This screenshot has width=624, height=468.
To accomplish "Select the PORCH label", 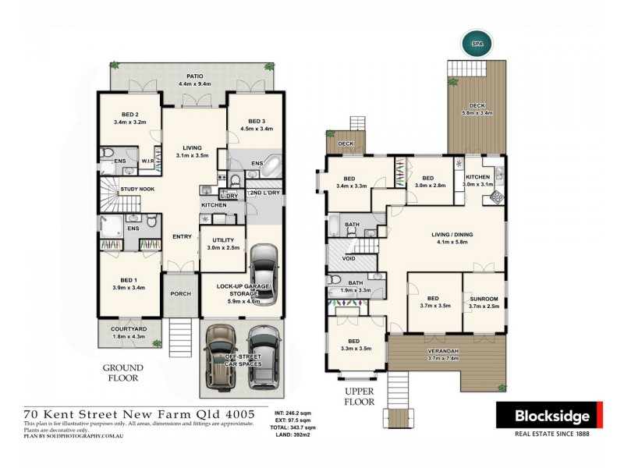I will click(x=181, y=295).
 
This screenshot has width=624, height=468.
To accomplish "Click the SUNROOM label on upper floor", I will click(x=484, y=298).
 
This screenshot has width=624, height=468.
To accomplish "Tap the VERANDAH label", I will click(x=447, y=351).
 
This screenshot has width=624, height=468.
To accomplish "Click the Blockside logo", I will click(x=549, y=413).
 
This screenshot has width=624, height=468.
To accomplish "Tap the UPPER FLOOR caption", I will click(x=360, y=395).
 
